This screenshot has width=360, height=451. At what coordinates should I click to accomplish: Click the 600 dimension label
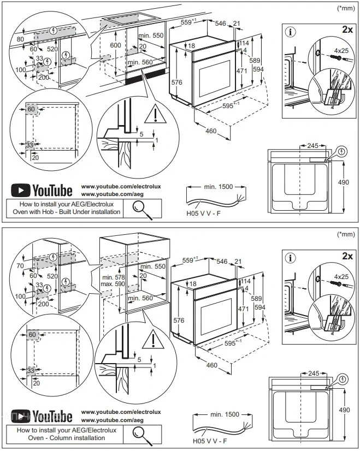(x=116, y=46)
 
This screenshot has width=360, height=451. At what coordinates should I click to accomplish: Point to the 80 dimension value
(x=20, y=39)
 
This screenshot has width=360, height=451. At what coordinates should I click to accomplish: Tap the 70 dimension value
(x=20, y=266)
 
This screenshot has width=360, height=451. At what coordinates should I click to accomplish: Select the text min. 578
(x=114, y=278)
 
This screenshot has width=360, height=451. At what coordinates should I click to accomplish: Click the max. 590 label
(x=114, y=285)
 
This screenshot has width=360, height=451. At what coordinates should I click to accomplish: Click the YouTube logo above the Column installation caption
(x=42, y=417)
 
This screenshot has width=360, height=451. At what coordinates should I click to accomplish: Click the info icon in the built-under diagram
(x=290, y=32)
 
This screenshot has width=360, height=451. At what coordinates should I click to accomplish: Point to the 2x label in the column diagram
(x=346, y=256)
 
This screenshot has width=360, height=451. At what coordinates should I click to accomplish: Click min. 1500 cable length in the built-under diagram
(x=218, y=187)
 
